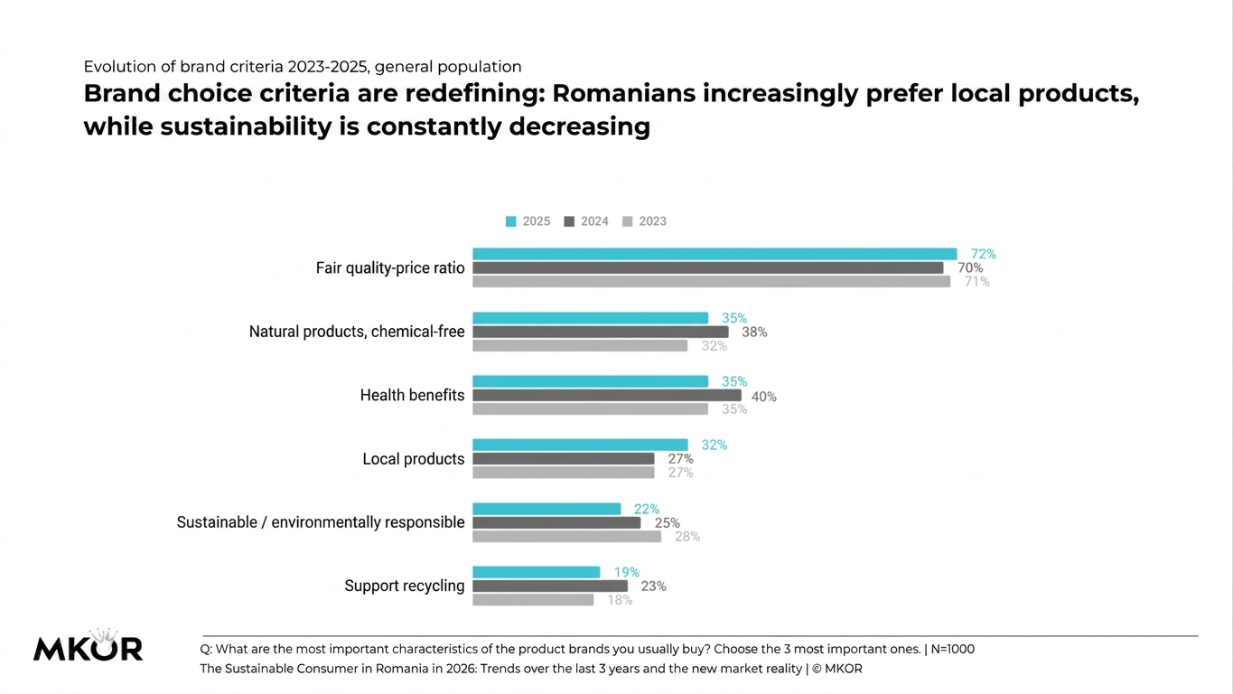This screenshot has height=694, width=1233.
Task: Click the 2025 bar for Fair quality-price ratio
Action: [715, 254]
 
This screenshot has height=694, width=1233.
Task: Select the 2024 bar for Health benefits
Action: [607, 396]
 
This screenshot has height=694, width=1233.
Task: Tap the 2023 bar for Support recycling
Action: [533, 600]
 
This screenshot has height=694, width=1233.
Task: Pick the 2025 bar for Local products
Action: [580, 445]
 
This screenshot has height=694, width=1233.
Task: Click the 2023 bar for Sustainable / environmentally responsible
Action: [566, 537]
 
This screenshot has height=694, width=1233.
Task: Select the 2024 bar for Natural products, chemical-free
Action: [601, 332]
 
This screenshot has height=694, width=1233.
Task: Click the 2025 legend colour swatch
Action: [511, 221]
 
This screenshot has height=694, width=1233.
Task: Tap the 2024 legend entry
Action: [586, 221]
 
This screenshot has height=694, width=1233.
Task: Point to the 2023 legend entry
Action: [644, 221]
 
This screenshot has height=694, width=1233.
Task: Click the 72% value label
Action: [983, 254]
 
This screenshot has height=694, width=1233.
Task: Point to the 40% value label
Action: [764, 397]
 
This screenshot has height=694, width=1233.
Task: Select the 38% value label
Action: [754, 333]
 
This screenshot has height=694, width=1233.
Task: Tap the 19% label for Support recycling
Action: [626, 572]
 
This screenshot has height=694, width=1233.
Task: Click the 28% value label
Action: [687, 537]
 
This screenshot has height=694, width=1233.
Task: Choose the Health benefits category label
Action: [412, 396]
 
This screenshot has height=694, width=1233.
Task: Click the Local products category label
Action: [414, 459]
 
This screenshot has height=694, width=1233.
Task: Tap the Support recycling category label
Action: [405, 586]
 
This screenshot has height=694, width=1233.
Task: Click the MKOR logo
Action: [89, 645]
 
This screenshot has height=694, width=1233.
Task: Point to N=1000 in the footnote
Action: [952, 650]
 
